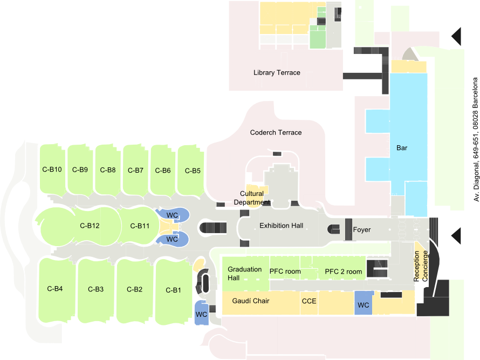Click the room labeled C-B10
[x=52, y=169]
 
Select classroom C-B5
[x=193, y=171]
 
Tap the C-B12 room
[x=90, y=226]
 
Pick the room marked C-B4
[x=55, y=289]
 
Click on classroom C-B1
[x=173, y=290]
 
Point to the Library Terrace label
[x=277, y=72]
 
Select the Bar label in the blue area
[x=402, y=147]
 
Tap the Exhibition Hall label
[x=281, y=226]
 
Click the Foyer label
[x=362, y=230]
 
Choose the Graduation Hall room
[x=237, y=273]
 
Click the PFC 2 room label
[x=344, y=271]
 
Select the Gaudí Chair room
[x=251, y=301]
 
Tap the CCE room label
[x=308, y=301]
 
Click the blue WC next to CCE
[x=363, y=305]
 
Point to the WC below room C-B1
[x=202, y=314]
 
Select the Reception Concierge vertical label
[x=421, y=267]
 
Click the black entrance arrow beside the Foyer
[x=456, y=235]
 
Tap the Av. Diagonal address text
[x=476, y=139]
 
